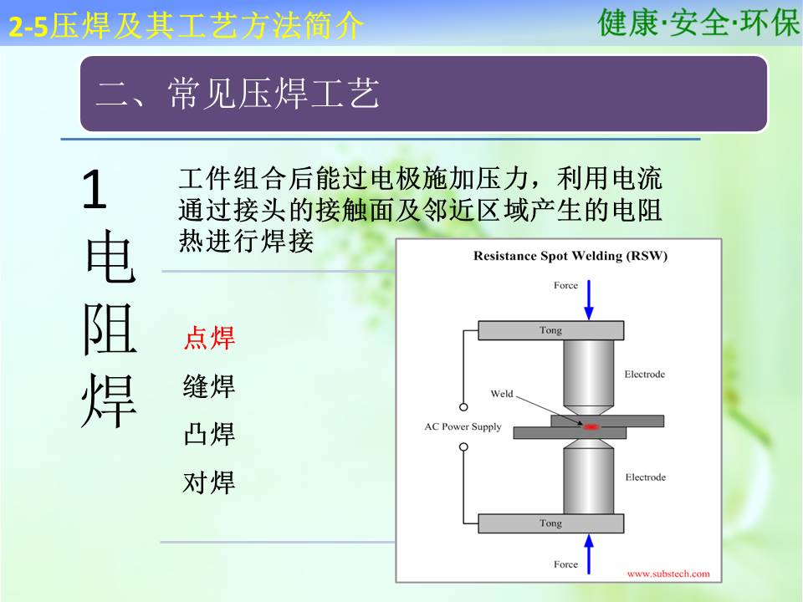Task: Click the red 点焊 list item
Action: [x=209, y=338]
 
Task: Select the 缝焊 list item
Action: [x=209, y=386]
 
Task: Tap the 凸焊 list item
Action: [x=209, y=434]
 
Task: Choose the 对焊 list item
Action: [x=209, y=482]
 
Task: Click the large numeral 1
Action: [x=95, y=190]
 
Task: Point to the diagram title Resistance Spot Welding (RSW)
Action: [x=570, y=256]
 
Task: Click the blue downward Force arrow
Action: [x=589, y=300]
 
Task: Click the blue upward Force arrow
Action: [x=589, y=554]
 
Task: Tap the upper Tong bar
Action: [x=551, y=330]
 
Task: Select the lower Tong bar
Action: [x=551, y=523]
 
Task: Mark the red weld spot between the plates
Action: [x=591, y=426]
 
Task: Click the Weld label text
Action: [x=502, y=394]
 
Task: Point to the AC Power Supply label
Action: [x=463, y=426]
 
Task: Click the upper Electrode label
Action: [x=645, y=375]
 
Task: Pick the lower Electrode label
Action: [x=646, y=477]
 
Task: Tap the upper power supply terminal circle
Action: [x=463, y=407]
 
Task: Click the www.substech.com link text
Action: [x=668, y=574]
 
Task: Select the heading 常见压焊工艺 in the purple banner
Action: [x=274, y=94]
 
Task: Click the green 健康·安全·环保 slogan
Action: [x=698, y=23]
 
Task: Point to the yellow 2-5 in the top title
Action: [x=28, y=27]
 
